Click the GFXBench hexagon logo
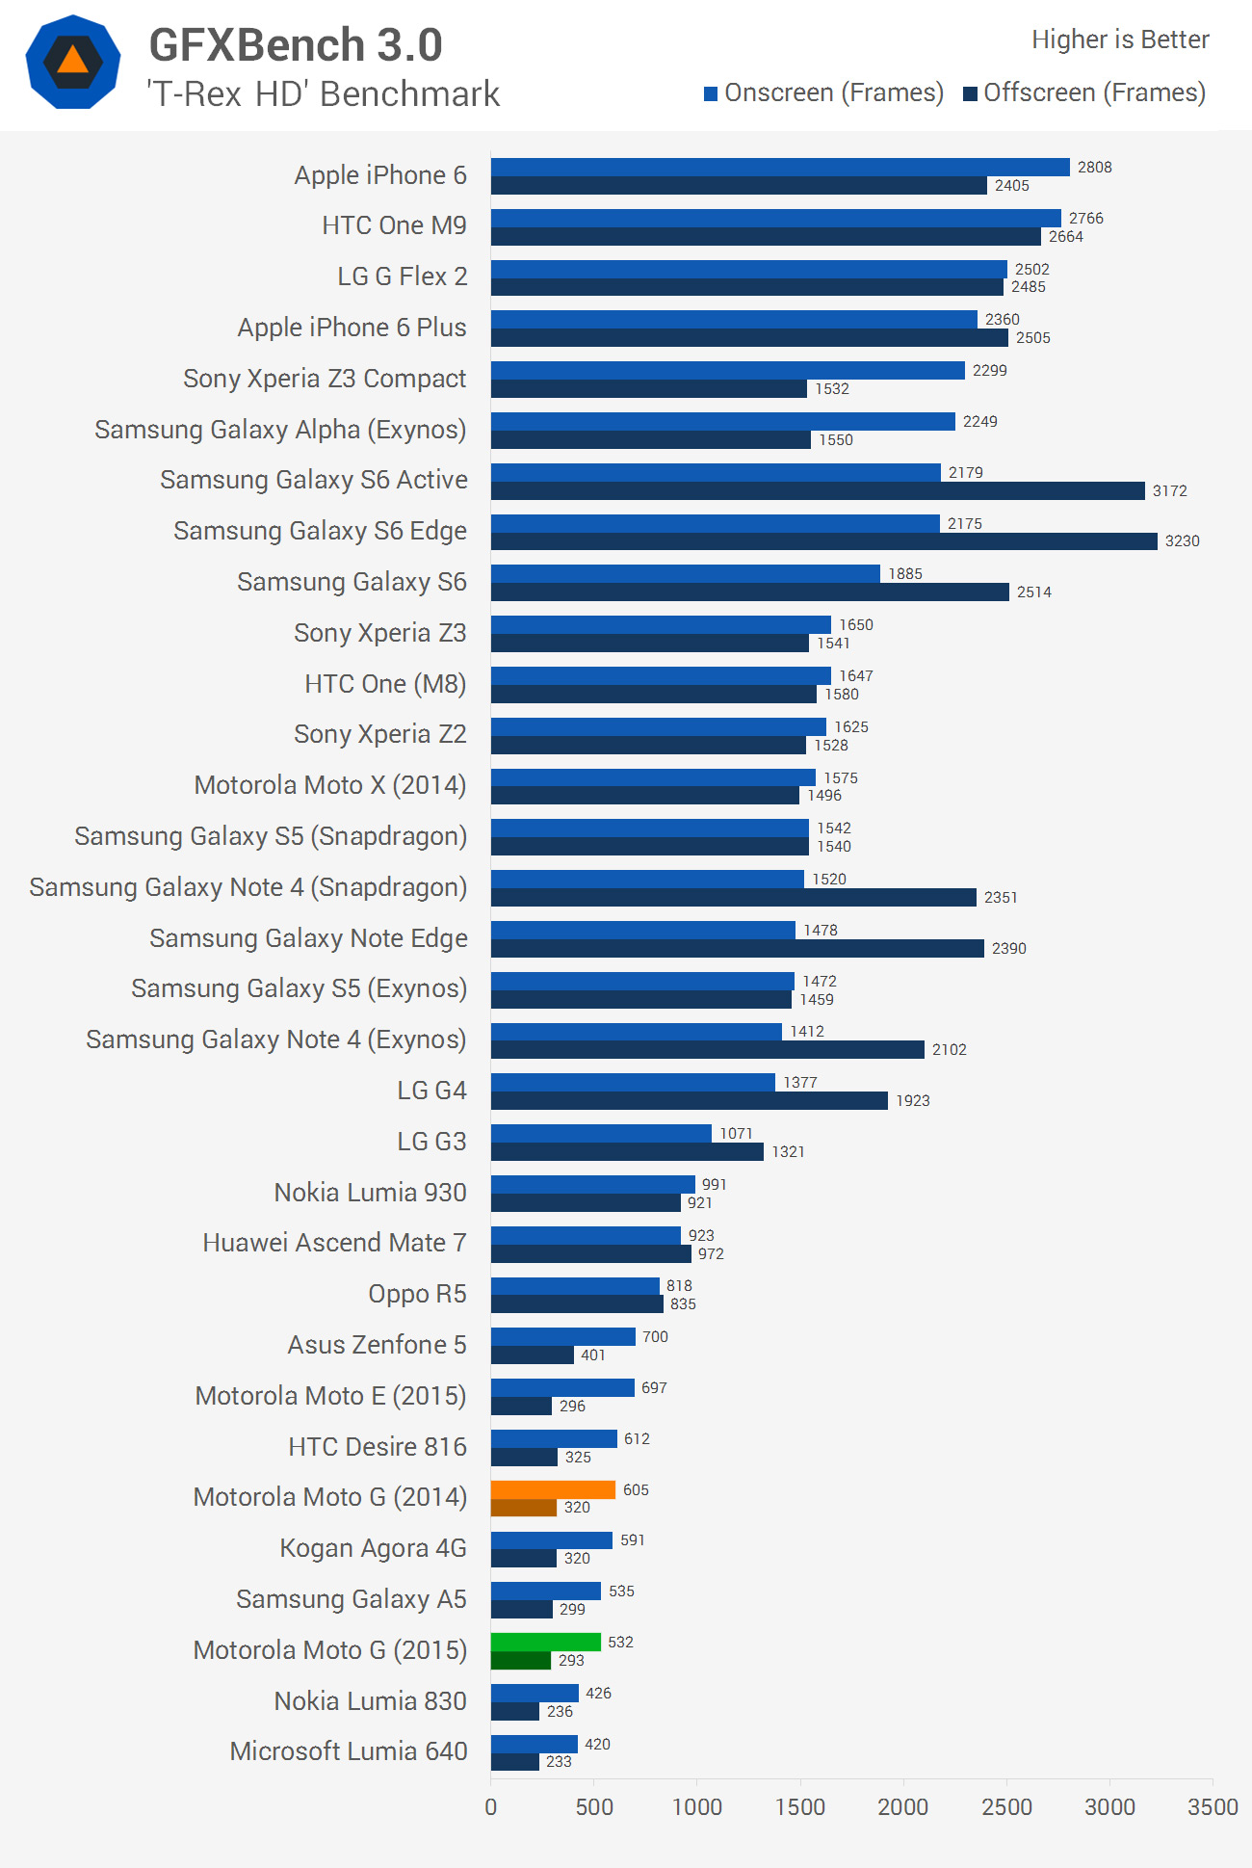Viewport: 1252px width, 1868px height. point(73,62)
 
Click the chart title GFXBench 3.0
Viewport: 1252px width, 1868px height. point(296,45)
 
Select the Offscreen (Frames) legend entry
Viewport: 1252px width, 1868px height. point(1084,92)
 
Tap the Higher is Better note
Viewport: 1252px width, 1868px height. point(1119,39)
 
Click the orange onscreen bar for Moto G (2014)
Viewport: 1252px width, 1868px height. point(553,1489)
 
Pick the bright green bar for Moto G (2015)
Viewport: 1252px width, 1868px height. point(545,1642)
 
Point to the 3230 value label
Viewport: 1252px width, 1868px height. point(1182,541)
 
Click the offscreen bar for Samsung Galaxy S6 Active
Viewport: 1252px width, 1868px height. point(818,490)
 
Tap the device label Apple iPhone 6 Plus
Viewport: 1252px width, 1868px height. point(352,328)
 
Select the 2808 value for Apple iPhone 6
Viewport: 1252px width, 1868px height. point(1094,168)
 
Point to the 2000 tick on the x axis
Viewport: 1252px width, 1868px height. point(902,1806)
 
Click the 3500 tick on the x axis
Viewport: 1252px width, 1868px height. point(1212,1806)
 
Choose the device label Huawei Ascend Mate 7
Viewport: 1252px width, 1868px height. point(334,1243)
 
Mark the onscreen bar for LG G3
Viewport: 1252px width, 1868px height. point(601,1133)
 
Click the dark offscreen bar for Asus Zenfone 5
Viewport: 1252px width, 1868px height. point(533,1355)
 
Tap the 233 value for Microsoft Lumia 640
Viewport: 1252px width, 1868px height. point(559,1761)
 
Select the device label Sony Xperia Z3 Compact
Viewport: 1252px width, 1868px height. point(325,379)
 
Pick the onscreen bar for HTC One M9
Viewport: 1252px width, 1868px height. point(775,218)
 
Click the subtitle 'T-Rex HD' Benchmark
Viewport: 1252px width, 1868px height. point(324,94)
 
